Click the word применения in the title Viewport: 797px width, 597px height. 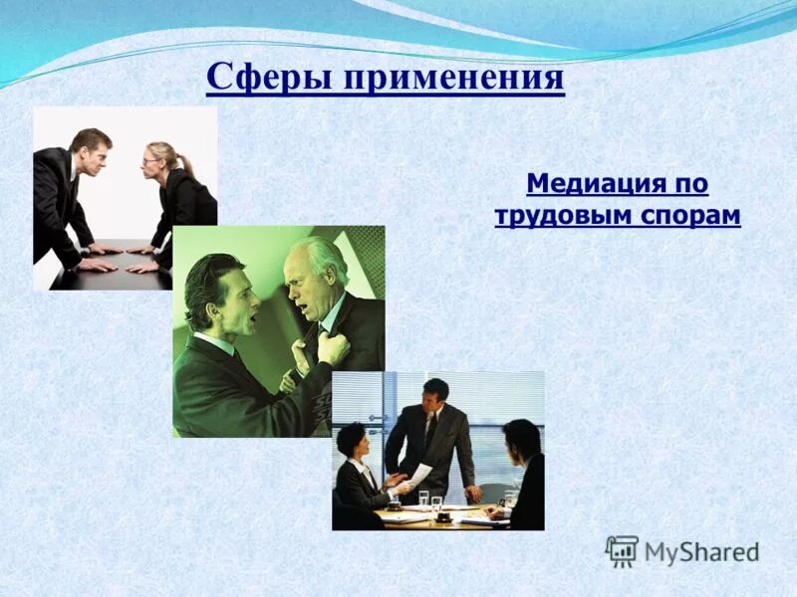pyautogui.click(x=455, y=78)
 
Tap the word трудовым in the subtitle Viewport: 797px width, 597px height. pyautogui.click(x=554, y=215)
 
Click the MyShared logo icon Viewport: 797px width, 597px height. pyautogui.click(x=622, y=550)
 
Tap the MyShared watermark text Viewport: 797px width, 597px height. pyautogui.click(x=701, y=551)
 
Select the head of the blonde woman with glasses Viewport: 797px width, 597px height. pyautogui.click(x=162, y=159)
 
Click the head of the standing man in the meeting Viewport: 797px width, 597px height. pyautogui.click(x=434, y=393)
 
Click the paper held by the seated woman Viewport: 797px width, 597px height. pyautogui.click(x=415, y=477)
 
